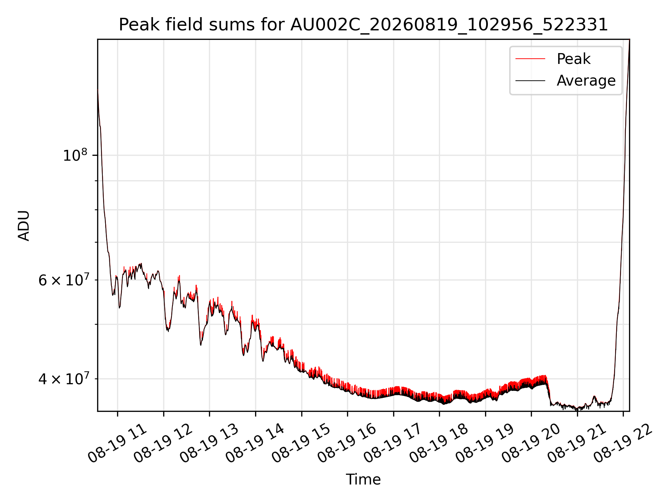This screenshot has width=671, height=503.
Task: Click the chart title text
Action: [363, 25]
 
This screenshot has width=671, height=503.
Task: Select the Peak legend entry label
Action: [573, 59]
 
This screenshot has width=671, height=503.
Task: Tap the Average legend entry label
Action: [586, 81]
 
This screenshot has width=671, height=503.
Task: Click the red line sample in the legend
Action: [530, 59]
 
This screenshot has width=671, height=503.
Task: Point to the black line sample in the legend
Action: [530, 81]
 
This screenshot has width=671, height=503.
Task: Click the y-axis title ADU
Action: [24, 225]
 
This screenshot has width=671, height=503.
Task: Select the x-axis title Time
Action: [363, 479]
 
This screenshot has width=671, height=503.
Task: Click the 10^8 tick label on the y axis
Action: [75, 155]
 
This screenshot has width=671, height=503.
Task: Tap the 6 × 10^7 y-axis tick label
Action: [63, 280]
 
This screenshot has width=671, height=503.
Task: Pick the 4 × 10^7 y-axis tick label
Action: [63, 379]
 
